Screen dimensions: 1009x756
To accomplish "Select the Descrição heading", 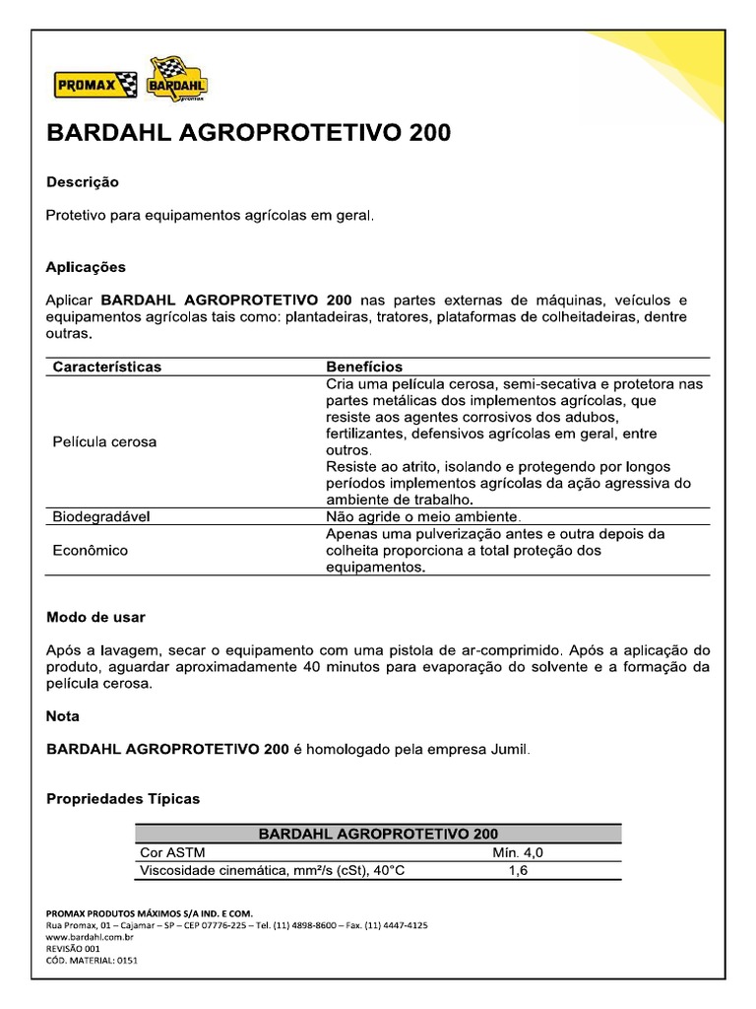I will tap(83, 182).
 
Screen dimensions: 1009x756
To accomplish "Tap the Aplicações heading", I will tap(86, 267).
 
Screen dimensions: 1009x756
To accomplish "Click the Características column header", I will tap(106, 367).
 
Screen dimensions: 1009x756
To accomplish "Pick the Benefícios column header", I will tap(364, 367).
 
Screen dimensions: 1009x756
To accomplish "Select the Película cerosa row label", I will tap(104, 441).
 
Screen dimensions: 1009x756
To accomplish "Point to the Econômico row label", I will tap(91, 551).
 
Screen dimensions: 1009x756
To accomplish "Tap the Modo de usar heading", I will tap(95, 617).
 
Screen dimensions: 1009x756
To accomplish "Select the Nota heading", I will tap(63, 715).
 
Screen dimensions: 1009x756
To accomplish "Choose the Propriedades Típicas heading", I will tap(123, 799).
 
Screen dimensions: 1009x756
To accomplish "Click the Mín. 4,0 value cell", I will tap(517, 852).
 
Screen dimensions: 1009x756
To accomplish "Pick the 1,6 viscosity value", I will tap(518, 871).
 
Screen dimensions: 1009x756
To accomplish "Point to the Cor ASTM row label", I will tap(174, 852).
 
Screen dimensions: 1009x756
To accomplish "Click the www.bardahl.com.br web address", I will tap(90, 936).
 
